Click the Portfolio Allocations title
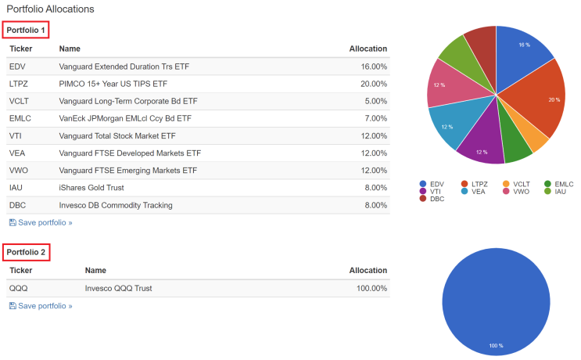50,9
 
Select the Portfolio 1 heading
26,30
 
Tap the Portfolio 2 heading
26,252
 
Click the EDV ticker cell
17,67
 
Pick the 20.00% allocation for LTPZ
373,84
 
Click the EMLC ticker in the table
20,118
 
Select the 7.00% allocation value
375,118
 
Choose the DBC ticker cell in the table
18,205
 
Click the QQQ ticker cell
18,288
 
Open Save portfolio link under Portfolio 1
41,223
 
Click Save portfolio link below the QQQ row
41,306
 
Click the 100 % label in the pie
496,345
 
